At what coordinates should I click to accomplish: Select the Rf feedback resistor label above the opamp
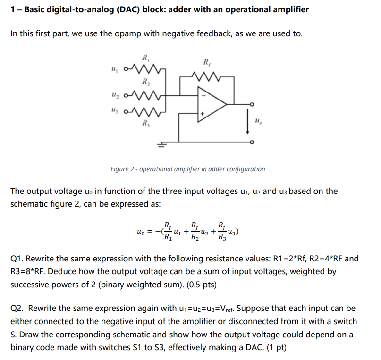pyautogui.click(x=207, y=62)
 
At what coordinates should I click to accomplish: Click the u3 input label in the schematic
pyautogui.click(x=113, y=114)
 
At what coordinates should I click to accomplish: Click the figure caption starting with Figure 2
pyautogui.click(x=187, y=169)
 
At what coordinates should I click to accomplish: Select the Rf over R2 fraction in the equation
pyautogui.click(x=194, y=231)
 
